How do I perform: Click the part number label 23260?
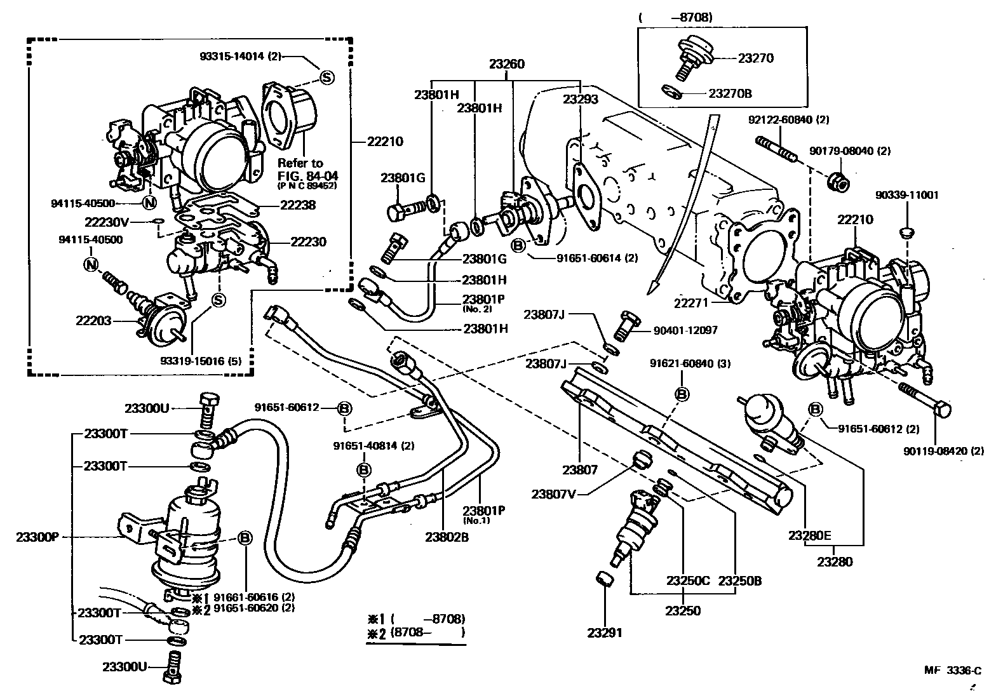(x=506, y=64)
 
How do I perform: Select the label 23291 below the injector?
(x=605, y=633)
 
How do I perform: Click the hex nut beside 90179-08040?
(x=838, y=182)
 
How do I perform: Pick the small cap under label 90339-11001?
(x=906, y=230)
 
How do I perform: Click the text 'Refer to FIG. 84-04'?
(x=300, y=169)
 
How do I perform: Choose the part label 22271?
(x=692, y=304)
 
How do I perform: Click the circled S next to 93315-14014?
(x=326, y=77)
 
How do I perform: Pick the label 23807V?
(x=555, y=493)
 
